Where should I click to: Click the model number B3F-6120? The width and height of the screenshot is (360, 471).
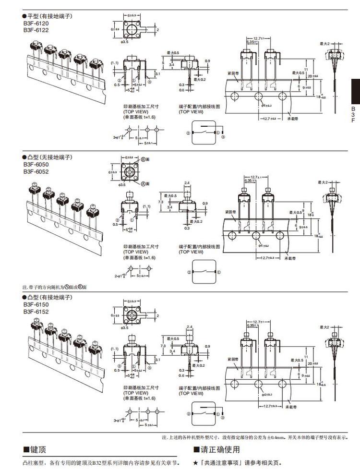[35, 23]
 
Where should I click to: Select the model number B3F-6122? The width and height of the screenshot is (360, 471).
[35, 30]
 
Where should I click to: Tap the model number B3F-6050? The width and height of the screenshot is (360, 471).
[35, 164]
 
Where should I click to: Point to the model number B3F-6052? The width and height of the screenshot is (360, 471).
[35, 171]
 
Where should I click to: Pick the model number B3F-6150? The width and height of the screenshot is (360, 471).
[35, 304]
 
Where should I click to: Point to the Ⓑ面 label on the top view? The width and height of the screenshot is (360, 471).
[145, 159]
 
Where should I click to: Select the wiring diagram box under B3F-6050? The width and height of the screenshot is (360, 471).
[204, 272]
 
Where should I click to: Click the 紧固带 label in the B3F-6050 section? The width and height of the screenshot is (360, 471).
[230, 211]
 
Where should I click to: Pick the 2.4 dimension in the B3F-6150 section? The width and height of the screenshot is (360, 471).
[188, 327]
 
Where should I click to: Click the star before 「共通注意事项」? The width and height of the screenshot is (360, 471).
[195, 463]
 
